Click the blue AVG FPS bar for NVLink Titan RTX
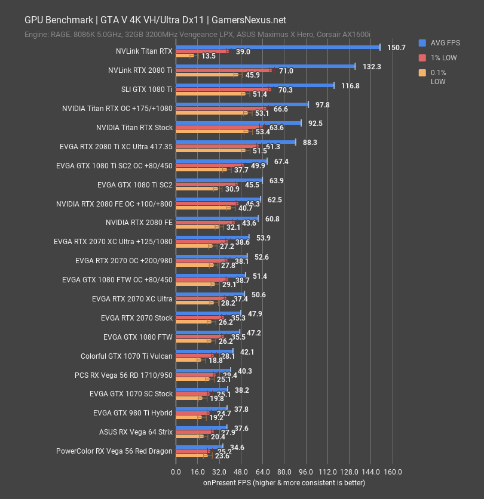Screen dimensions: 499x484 277,47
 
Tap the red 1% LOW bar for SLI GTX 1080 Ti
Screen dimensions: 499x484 223,90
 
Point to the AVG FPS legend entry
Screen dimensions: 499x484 444,42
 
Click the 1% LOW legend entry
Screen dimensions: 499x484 443,58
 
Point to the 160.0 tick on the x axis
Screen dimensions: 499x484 393,472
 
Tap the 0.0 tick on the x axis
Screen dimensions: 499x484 176,472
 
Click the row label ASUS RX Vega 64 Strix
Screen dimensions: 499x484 136,432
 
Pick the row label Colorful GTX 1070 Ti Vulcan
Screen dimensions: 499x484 127,356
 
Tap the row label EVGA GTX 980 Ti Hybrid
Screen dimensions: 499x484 133,412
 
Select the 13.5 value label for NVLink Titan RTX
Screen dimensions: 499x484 209,56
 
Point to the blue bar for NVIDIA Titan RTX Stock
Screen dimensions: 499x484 238,123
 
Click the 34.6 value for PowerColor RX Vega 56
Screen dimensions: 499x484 237,447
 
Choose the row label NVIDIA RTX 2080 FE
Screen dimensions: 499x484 139,223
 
